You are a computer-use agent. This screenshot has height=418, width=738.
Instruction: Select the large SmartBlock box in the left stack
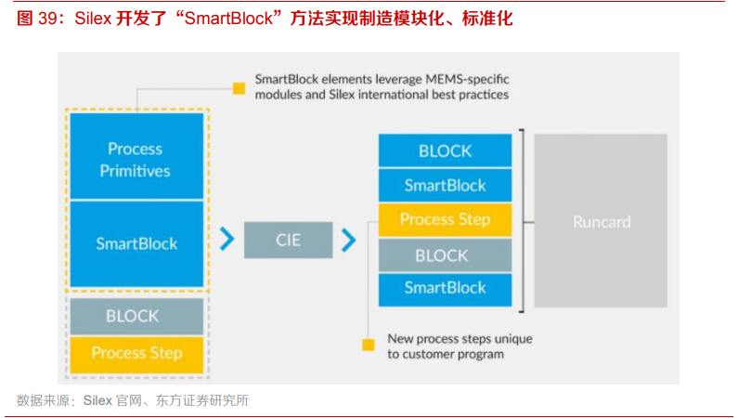(136, 244)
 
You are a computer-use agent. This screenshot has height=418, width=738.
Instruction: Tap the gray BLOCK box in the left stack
(136, 316)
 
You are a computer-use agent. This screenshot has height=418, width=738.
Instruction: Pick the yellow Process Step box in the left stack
(136, 353)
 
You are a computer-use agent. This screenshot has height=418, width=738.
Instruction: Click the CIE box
(288, 241)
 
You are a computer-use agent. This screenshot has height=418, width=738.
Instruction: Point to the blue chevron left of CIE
(227, 241)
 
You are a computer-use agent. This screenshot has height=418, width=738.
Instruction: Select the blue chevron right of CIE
(348, 241)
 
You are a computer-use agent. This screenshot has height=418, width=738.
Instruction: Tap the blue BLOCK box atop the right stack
(445, 150)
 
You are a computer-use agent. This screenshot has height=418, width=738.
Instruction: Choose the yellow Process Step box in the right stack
(445, 220)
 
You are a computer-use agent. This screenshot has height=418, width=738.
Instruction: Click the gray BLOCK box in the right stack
(445, 255)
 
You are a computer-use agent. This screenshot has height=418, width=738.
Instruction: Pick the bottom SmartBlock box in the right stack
(445, 289)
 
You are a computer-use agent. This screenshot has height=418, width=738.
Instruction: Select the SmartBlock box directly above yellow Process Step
(445, 185)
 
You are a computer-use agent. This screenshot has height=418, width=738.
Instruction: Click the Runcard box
(601, 221)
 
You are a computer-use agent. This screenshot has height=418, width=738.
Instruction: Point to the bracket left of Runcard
(526, 221)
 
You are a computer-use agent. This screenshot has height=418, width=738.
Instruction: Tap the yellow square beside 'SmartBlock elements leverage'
(239, 88)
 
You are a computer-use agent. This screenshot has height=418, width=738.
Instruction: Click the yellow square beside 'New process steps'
(369, 345)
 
